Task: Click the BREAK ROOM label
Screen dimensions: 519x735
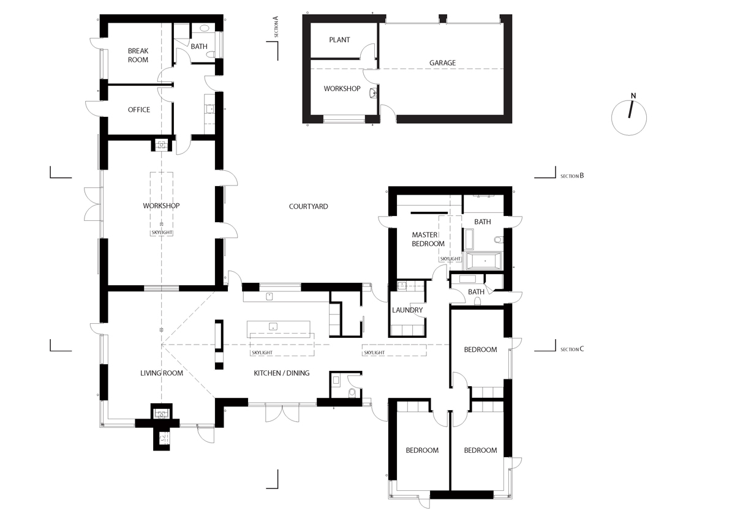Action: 138,55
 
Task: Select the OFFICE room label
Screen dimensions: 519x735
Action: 139,110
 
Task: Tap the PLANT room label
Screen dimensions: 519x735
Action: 339,40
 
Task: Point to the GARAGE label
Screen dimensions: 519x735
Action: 442,63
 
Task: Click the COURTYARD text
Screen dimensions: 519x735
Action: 309,207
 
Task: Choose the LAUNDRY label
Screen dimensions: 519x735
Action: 408,310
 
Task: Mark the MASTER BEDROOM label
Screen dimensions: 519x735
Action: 428,239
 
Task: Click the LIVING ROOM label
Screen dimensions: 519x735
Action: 162,373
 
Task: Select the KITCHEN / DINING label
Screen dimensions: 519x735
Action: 282,373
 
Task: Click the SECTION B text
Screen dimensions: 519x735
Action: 572,176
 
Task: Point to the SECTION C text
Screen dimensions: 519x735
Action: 572,349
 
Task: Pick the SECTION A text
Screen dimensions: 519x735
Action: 276,28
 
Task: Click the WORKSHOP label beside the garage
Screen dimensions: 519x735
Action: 341,89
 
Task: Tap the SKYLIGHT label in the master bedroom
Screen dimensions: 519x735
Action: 450,259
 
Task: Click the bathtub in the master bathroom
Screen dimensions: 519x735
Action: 484,261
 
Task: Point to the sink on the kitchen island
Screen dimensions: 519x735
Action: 273,326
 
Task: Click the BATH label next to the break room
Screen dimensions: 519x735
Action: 199,47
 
